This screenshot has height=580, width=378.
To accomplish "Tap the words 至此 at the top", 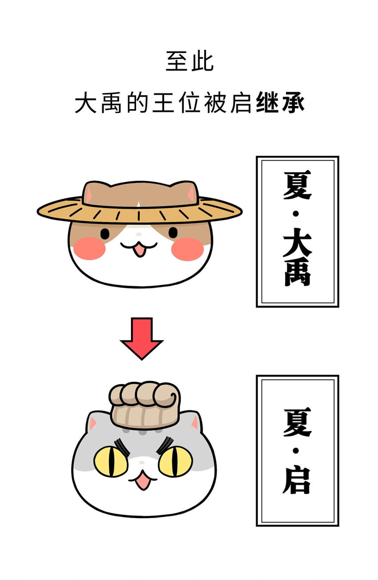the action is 189,61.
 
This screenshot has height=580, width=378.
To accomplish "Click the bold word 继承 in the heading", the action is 280,102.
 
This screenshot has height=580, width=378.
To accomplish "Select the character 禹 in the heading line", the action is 111,102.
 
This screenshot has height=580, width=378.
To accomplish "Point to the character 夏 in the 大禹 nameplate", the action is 297,185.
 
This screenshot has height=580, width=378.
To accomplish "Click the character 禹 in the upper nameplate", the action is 297,272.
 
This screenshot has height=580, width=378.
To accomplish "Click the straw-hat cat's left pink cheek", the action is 89,248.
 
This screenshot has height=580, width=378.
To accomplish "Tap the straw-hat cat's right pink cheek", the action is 187,249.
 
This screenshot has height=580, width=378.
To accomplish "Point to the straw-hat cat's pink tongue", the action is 139,250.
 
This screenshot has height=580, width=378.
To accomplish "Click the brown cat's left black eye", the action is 105,234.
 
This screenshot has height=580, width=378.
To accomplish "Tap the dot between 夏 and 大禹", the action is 297,214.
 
